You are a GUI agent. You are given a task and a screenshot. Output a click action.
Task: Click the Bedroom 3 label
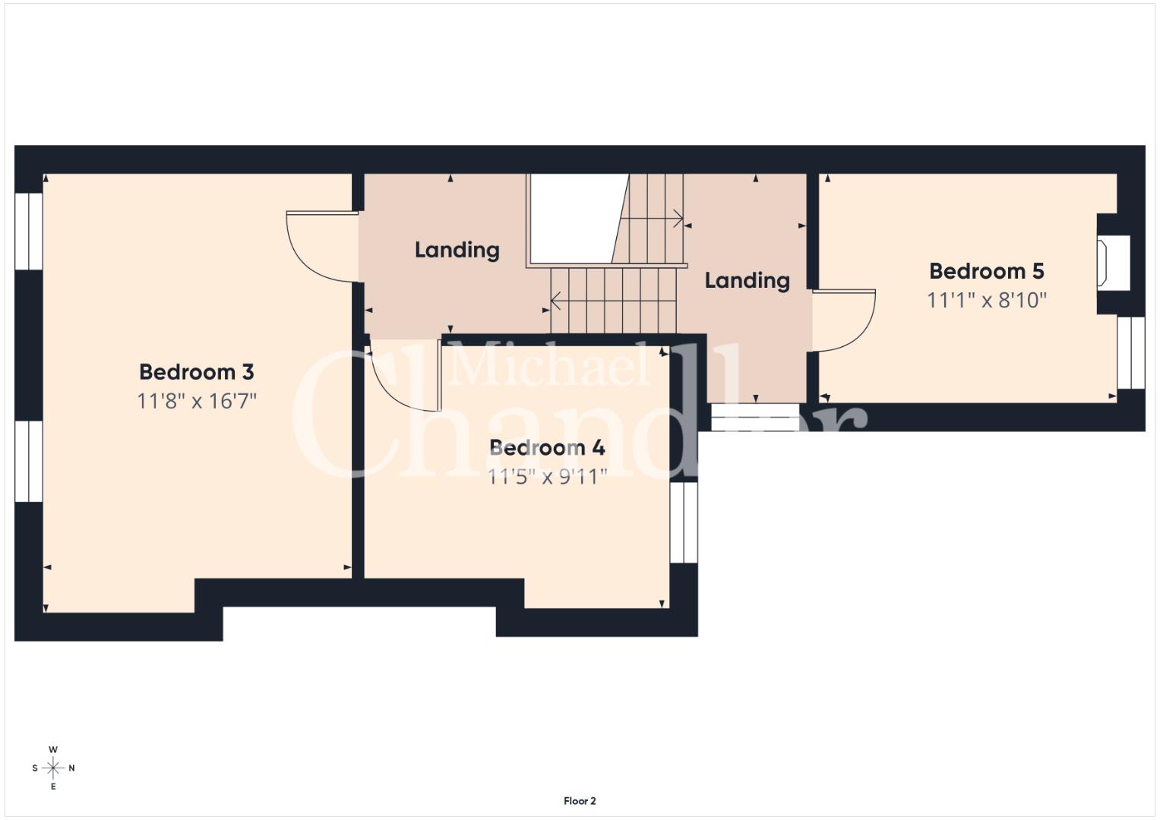[197, 372]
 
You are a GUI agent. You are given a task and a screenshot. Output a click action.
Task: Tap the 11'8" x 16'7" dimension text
[197, 401]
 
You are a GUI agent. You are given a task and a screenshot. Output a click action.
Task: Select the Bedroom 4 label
[548, 447]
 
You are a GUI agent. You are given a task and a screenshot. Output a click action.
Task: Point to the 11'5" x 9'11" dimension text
[548, 476]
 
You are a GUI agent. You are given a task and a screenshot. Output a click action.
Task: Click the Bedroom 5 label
[987, 271]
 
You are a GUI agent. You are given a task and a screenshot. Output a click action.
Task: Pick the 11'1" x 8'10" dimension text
[987, 300]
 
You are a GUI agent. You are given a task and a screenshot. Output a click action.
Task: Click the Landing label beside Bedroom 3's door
[457, 250]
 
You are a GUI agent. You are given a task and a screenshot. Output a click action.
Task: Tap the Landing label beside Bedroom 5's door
[748, 281]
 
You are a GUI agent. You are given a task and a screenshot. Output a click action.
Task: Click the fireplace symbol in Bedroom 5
[1102, 263]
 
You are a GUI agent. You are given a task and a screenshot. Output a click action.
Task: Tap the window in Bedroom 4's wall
[684, 522]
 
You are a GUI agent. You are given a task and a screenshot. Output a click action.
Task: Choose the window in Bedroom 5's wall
[1130, 352]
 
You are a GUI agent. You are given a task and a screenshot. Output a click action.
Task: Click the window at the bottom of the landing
[755, 418]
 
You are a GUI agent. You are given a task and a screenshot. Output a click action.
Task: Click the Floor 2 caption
[580, 801]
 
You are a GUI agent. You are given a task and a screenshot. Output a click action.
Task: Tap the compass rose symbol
[53, 768]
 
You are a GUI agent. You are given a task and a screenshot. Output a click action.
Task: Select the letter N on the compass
[71, 768]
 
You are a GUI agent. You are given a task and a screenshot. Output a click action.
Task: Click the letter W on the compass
[53, 749]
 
